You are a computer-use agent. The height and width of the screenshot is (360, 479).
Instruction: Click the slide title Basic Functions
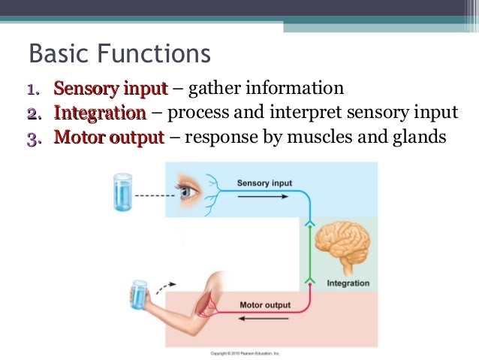pos(119,55)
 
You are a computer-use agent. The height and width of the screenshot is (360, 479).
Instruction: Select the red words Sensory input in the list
pos(110,89)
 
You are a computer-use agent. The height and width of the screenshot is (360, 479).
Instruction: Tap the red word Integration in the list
pos(100,113)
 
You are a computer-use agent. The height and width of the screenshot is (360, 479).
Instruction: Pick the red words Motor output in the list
pos(109,138)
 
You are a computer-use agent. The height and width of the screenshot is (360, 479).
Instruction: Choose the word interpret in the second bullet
pos(319,113)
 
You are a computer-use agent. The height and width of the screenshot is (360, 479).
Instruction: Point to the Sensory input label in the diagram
pos(264,183)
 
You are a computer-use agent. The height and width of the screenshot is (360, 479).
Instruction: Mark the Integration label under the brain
pos(348,283)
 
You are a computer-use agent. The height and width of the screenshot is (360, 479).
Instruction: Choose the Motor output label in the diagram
pos(265,305)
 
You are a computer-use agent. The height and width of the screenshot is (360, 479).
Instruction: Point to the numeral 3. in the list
pos(33,138)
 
